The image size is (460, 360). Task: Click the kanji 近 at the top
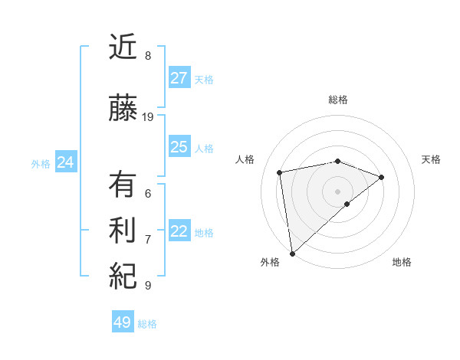pos(123,49)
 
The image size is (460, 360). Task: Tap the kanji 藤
pos(123,109)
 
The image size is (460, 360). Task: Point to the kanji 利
pos(123,231)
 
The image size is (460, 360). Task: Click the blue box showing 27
pos(179,78)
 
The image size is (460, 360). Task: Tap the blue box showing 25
pos(179,147)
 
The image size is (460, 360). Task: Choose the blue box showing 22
pos(179,231)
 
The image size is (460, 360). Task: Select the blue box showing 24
pos(65,162)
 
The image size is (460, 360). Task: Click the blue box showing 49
pos(123,322)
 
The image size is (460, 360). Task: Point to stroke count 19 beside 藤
pos(148,117)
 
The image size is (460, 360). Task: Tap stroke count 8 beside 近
pos(147,56)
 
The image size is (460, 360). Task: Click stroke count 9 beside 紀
pos(147,286)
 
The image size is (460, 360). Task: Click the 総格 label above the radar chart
pos(337,100)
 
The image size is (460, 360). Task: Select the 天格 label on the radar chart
pos(431,159)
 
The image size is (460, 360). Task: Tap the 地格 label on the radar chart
pos(402,262)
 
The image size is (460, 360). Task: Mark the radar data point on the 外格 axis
pos(292,253)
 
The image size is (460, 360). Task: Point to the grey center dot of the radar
pos(337,190)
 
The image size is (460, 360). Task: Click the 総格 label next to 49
pos(147,324)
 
